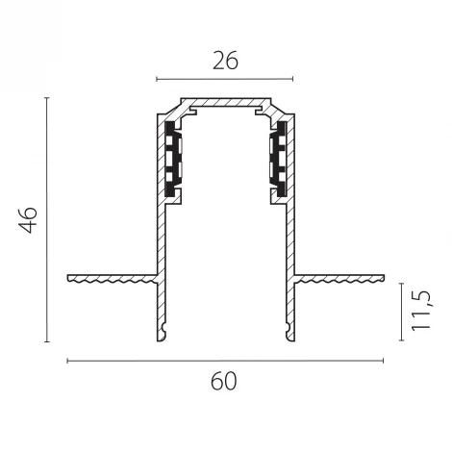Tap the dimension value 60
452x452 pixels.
coord(223,381)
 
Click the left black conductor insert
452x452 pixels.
coord(172,159)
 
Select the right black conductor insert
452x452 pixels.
coord(278,159)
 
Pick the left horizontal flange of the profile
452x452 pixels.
coord(111,279)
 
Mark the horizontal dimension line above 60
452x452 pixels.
coord(223,361)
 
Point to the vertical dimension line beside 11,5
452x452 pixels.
coord(401,310)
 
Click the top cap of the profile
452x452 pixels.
coord(225,101)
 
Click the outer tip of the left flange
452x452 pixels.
coord(69,279)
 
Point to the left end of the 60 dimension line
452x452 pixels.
coord(66,361)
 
